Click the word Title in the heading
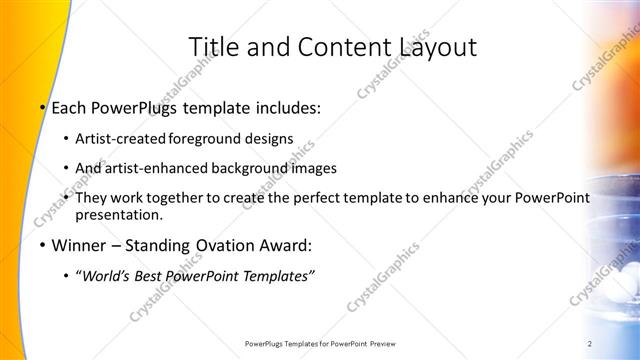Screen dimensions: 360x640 (211, 46)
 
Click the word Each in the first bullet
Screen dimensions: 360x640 (69, 108)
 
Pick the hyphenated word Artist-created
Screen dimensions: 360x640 (121, 139)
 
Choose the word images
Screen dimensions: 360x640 (311, 168)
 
